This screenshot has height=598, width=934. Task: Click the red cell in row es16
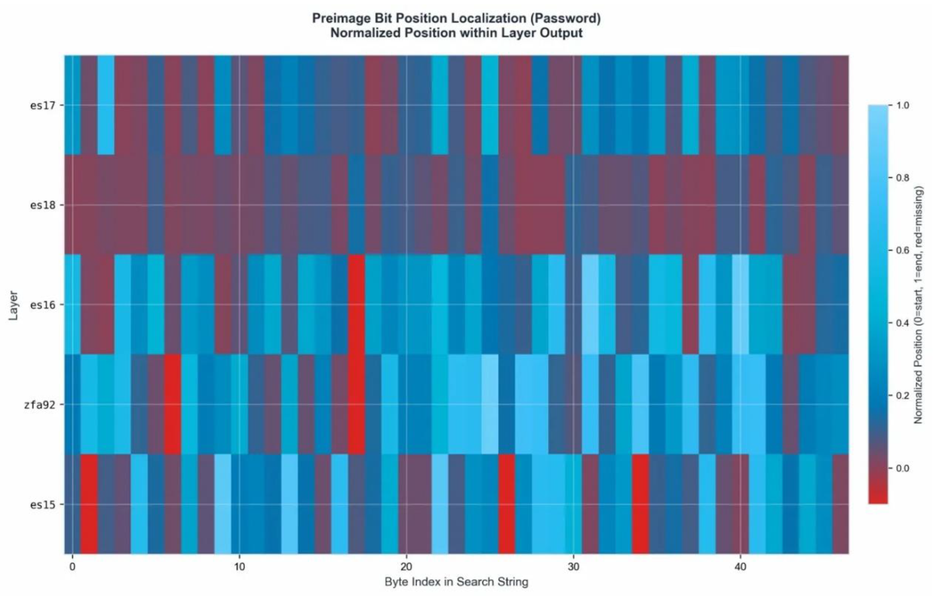click(x=357, y=304)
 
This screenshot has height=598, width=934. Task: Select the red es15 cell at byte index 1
click(x=89, y=504)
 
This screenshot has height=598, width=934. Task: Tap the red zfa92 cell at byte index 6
click(x=172, y=404)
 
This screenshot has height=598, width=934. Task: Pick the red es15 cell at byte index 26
click(x=507, y=504)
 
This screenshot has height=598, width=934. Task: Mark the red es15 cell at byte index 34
click(x=640, y=504)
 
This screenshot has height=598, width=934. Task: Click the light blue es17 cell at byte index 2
click(x=106, y=105)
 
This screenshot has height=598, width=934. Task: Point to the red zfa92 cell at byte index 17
click(x=357, y=404)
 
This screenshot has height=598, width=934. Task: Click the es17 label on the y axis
click(x=42, y=105)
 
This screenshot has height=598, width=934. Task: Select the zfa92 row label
click(x=38, y=405)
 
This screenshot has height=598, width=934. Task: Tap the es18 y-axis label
click(x=42, y=205)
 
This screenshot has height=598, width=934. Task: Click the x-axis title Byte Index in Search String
click(x=456, y=582)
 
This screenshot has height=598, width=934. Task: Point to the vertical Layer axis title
click(x=13, y=305)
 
